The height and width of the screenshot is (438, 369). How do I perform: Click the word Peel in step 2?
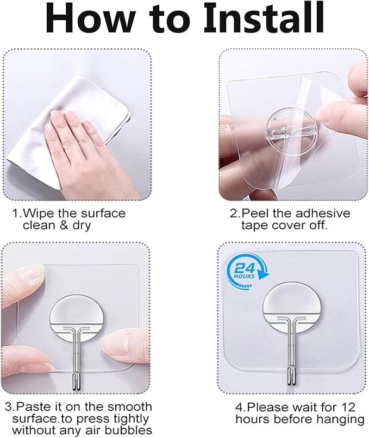[258, 213]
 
